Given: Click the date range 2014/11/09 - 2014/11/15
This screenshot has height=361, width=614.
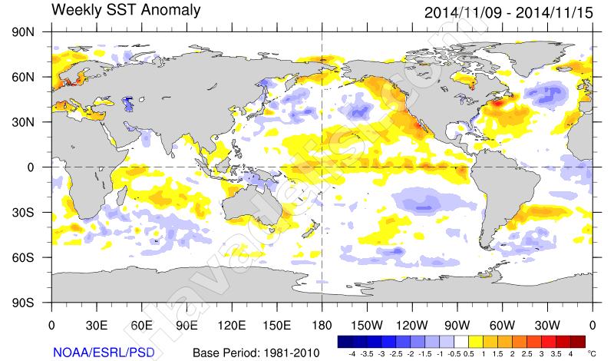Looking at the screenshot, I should (x=508, y=12).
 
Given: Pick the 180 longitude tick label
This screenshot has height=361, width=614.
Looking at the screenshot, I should (x=322, y=325).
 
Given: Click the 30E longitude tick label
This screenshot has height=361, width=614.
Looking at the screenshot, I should (x=97, y=325).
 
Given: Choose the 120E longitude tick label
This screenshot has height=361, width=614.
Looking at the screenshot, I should (x=232, y=325).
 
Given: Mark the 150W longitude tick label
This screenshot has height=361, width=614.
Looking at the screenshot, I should (x=367, y=325).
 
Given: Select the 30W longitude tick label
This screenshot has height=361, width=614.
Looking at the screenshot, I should (x=547, y=325).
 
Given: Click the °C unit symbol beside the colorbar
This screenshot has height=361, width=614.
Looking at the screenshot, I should (x=592, y=353).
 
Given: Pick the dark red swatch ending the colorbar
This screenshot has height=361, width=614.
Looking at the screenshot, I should (x=578, y=341).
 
